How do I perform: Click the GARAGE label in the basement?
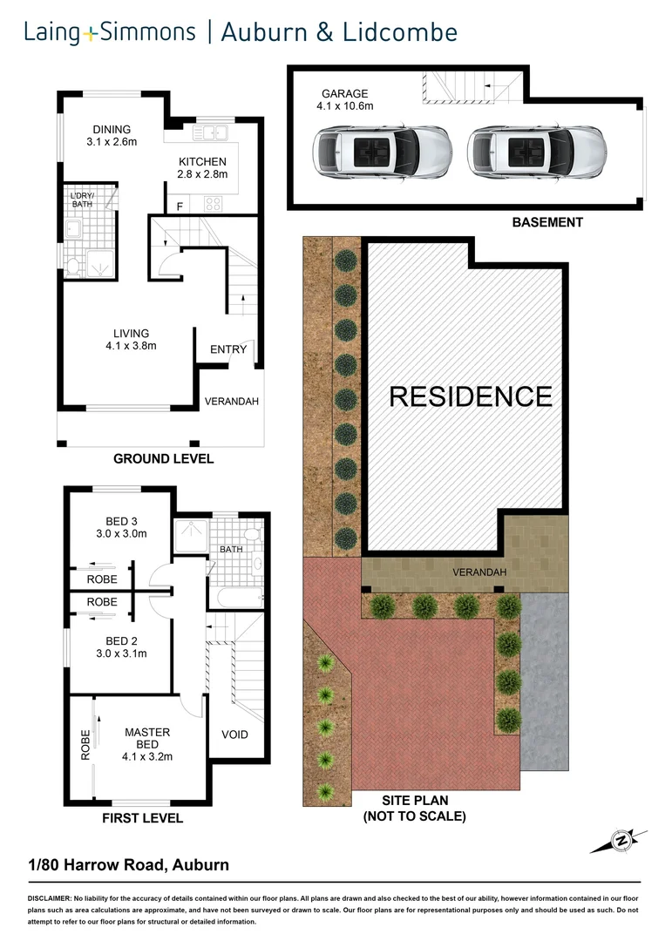pos(345,93)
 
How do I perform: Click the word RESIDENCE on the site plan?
pos(470,396)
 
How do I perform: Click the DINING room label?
pos(112,130)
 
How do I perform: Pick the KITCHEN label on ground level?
pos(203,161)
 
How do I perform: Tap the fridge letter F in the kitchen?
pos(180,206)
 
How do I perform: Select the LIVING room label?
pos(131,333)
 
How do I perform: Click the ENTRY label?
pos(228,349)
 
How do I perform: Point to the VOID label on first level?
pos(234,735)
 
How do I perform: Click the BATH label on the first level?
pos(232,550)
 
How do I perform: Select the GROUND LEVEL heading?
pos(164,459)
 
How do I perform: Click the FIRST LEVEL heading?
pos(143,818)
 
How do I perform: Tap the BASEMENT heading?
pos(547,223)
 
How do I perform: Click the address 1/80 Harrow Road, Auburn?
pos(128,865)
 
